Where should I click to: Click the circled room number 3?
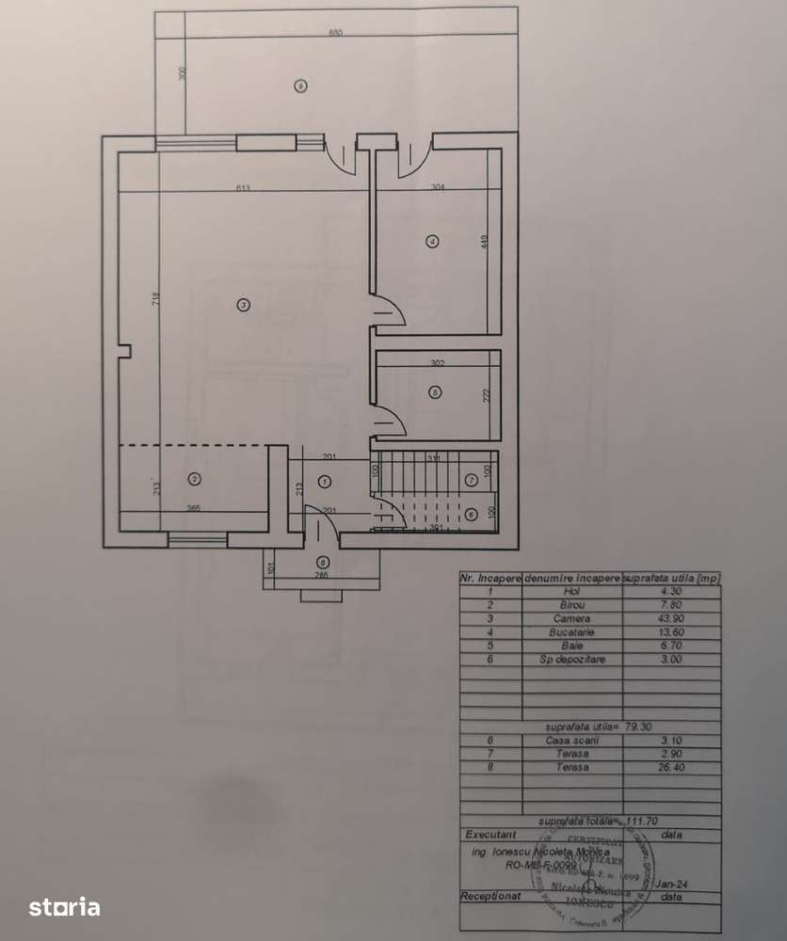pyautogui.click(x=243, y=304)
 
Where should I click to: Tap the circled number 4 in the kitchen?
pyautogui.click(x=432, y=240)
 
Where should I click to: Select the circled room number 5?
pyautogui.click(x=434, y=391)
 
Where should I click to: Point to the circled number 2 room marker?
pyautogui.click(x=194, y=479)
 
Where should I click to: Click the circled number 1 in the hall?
pyautogui.click(x=325, y=481)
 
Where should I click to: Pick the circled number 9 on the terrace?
pyautogui.click(x=299, y=87)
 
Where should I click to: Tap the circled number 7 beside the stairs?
pyautogui.click(x=472, y=479)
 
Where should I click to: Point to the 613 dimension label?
pyautogui.click(x=243, y=189)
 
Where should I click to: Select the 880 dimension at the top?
pyautogui.click(x=336, y=33)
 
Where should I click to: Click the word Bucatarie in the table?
pyautogui.click(x=572, y=632)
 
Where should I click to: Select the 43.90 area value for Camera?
pyautogui.click(x=671, y=619)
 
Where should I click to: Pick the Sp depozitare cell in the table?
pyautogui.click(x=572, y=660)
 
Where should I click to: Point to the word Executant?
pyautogui.click(x=490, y=835)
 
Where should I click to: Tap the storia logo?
pyautogui.click(x=64, y=907)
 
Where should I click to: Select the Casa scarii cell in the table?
pyautogui.click(x=572, y=741)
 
